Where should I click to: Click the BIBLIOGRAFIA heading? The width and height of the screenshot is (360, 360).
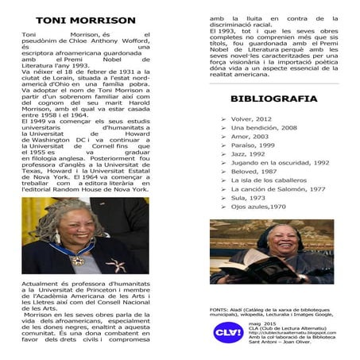pos(273,99)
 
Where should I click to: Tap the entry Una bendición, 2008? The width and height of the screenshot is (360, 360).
pos(265,127)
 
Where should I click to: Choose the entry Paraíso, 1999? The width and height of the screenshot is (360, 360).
pos(254,145)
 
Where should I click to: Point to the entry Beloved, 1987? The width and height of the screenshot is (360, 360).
pos(254,172)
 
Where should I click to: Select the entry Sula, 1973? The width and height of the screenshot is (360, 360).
pos(248,198)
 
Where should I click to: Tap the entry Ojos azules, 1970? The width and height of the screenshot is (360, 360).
pos(258,207)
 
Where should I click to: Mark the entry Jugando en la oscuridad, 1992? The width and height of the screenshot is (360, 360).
pos(280,163)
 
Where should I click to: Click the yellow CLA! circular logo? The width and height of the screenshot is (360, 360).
pos(229,333)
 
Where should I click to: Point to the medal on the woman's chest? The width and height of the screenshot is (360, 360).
pos(78,259)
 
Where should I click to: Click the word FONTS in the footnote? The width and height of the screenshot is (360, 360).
pos(218,308)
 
